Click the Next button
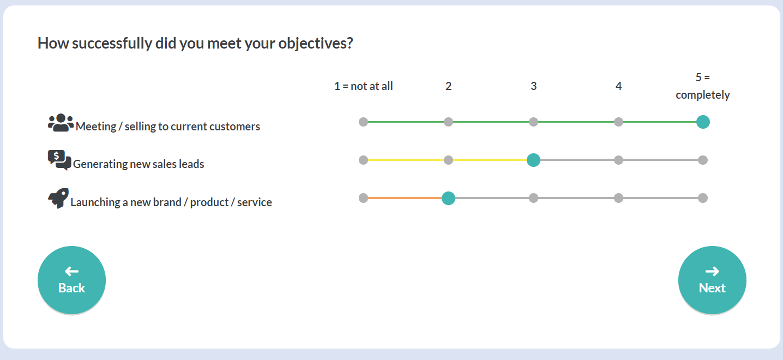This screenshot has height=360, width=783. point(712,280)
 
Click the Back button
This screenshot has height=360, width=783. point(71,280)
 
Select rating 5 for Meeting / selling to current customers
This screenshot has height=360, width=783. point(703,122)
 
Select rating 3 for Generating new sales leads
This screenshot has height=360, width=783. point(533,160)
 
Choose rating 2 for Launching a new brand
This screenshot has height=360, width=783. point(448,198)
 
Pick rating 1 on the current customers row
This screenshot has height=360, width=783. point(364,122)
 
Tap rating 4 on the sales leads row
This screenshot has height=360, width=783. point(618,160)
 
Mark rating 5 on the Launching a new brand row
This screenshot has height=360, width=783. point(703,198)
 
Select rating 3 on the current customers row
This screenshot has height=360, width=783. point(533,122)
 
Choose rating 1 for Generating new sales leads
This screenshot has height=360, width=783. point(364,160)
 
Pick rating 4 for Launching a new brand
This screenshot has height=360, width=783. point(618,198)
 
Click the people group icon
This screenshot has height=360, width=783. point(61,123)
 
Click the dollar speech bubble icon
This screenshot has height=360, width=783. point(59,160)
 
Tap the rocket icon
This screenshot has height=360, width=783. point(58,198)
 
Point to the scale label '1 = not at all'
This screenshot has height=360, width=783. point(364,86)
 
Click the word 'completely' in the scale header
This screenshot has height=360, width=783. point(703,95)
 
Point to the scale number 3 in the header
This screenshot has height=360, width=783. point(533,86)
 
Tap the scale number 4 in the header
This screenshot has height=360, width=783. point(618,86)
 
